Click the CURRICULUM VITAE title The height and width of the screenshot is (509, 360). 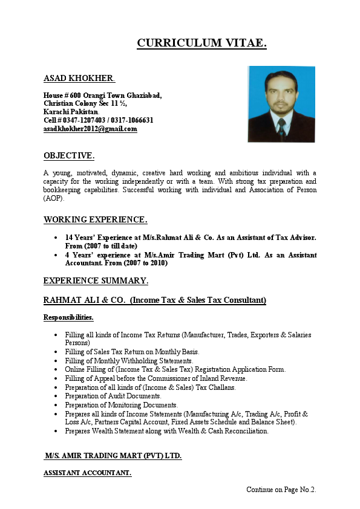tap(201, 43)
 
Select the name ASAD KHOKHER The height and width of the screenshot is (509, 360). tap(79, 79)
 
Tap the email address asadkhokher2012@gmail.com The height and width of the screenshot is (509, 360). tap(90, 129)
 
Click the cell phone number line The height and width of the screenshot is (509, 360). tap(98, 120)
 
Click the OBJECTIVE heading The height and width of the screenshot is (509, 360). tap(69, 156)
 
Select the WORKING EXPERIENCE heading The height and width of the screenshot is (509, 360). tap(96, 219)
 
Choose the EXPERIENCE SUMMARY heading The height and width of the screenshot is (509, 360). tap(96, 281)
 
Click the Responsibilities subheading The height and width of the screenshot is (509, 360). tap(68, 317)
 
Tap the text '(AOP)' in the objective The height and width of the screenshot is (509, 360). tap(54, 199)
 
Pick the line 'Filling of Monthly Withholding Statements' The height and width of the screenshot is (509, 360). tap(128, 361)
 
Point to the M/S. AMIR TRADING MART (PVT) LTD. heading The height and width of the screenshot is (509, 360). tap(113, 455)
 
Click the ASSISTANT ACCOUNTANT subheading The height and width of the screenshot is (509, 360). tap(87, 473)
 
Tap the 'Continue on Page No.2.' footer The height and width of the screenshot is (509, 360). tap(281, 490)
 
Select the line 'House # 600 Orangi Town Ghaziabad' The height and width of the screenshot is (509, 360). tap(102, 96)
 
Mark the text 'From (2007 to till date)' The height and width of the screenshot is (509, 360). tap(101, 246)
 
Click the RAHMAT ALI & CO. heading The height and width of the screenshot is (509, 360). tap(155, 300)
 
